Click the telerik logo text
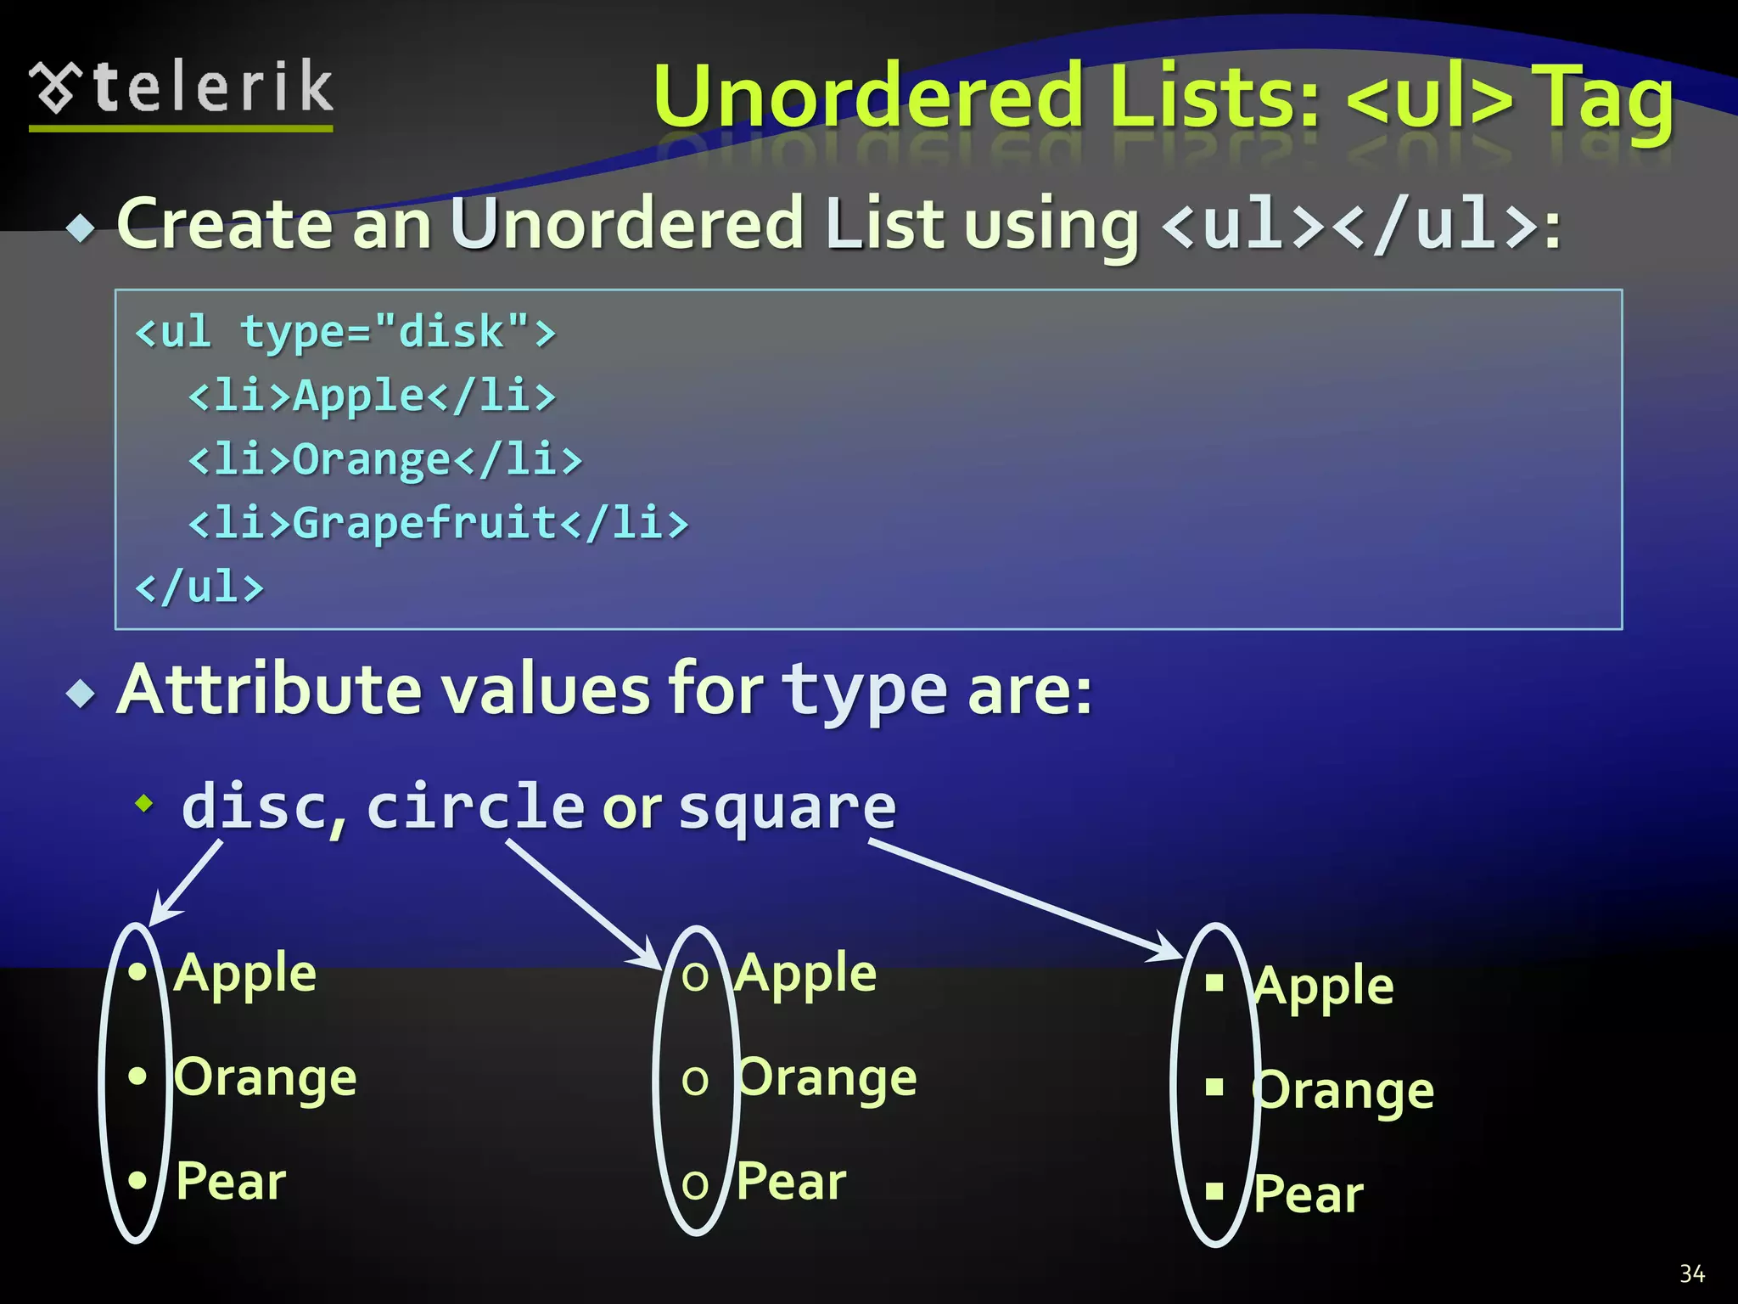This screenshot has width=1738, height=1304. pos(212,87)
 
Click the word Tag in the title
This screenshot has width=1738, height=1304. pos(1606,100)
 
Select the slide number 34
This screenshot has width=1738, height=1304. pos(1692,1273)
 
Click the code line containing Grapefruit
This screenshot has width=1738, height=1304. pos(438,522)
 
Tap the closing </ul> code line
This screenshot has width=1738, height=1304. pos(200,587)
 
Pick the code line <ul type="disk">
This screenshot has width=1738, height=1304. pos(345,331)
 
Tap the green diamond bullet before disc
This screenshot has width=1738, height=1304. pos(145,802)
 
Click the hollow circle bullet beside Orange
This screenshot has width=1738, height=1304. pos(695,1081)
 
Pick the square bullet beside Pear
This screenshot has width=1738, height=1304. pos(1214,1191)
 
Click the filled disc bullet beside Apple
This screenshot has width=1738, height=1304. pos(137,972)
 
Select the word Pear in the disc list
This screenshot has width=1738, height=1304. pos(231,1181)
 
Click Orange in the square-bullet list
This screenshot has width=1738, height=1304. pos(1343,1090)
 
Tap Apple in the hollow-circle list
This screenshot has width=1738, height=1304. pos(806,973)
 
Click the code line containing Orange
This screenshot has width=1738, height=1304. pos(385,459)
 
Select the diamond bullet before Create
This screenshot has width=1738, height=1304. pos(81,228)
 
